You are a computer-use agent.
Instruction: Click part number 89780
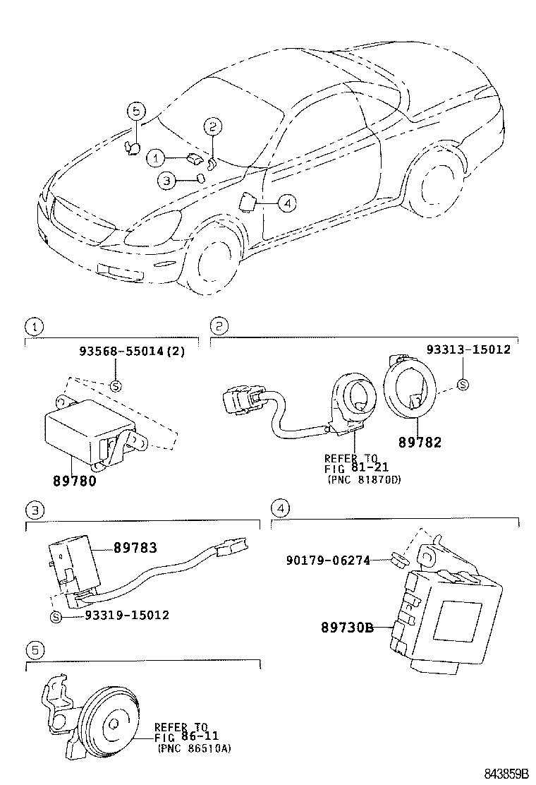(x=74, y=481)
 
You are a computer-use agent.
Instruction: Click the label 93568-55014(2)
(x=132, y=350)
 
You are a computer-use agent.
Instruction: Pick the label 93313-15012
(x=468, y=350)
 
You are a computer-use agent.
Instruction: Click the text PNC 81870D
(x=363, y=479)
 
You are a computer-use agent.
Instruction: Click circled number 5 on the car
(x=136, y=110)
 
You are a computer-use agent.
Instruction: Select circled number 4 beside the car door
(x=286, y=203)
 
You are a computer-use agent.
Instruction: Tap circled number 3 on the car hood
(x=165, y=181)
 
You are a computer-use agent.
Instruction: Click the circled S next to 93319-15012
(x=56, y=616)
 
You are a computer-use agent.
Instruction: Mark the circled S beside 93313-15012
(x=463, y=385)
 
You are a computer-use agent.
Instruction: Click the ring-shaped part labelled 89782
(x=410, y=387)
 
